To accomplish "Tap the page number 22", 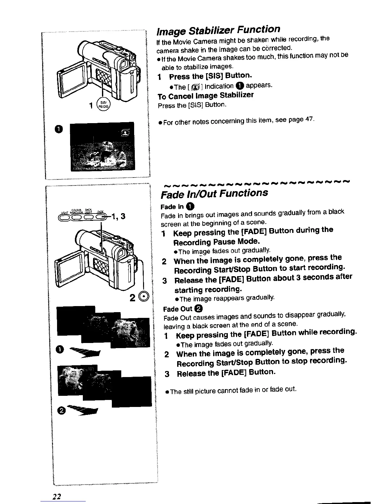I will [57, 496].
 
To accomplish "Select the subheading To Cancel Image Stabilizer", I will [206, 96].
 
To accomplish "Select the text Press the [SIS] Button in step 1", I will [211, 76].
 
